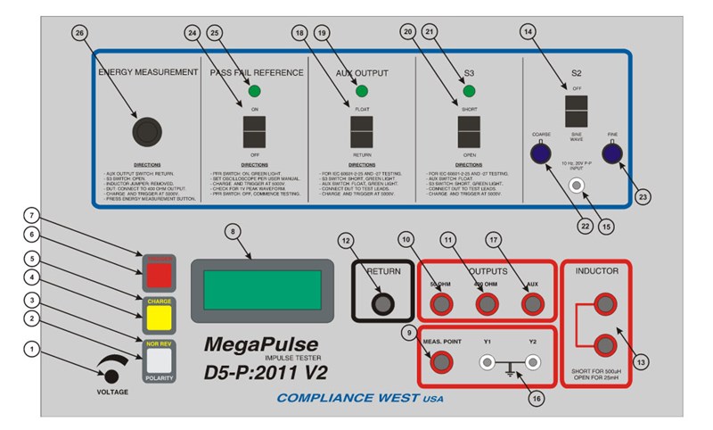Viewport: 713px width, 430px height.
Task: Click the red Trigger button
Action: click(x=159, y=271)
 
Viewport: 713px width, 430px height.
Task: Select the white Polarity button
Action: click(x=159, y=360)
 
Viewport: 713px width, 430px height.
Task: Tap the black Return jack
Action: click(x=383, y=304)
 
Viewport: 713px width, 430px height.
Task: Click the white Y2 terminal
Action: click(x=533, y=363)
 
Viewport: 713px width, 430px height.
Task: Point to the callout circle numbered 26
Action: click(x=80, y=33)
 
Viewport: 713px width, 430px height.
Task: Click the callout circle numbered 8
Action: click(x=234, y=231)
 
